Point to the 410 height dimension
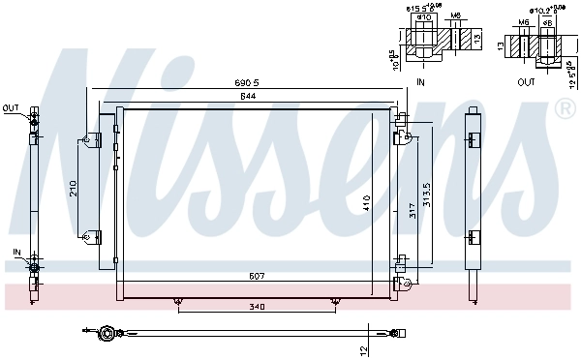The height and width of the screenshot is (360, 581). coord(367,203)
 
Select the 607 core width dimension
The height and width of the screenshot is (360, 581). coord(254,277)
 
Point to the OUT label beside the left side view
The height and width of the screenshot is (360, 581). coord(11,107)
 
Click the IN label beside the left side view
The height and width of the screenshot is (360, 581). coord(16,252)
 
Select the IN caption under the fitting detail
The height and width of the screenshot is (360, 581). coord(420,82)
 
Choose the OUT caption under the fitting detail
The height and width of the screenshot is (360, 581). coord(526,82)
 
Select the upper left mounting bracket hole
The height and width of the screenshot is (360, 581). coord(87,140)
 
